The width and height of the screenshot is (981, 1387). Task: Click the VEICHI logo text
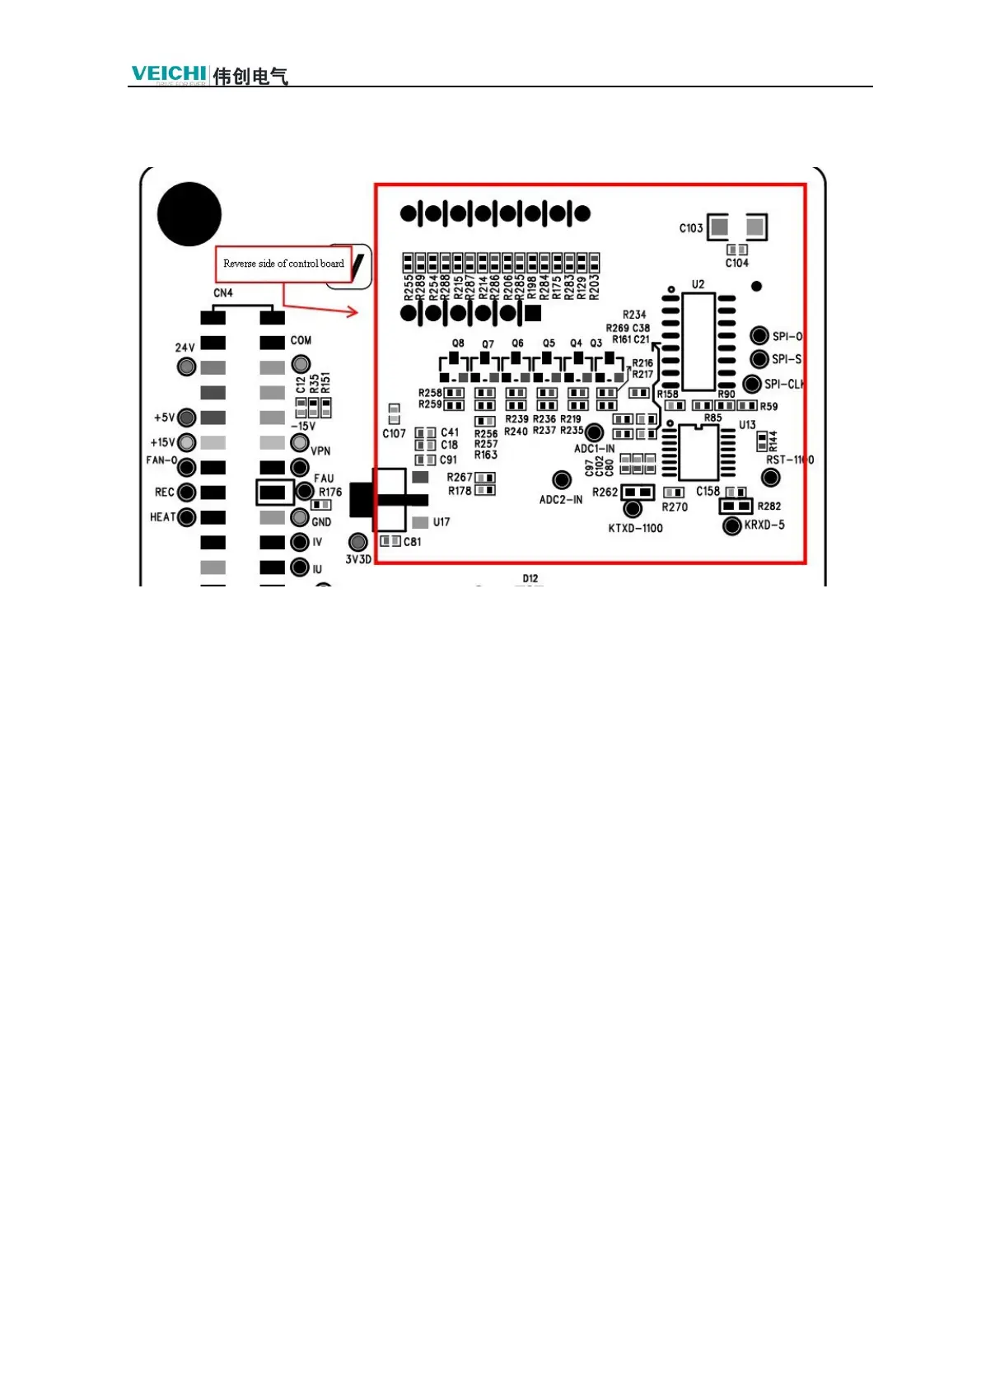click(x=169, y=73)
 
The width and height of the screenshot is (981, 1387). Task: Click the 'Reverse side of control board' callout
click(x=283, y=264)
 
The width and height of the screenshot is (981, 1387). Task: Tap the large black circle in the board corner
click(x=189, y=214)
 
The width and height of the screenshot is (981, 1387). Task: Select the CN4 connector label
click(x=223, y=293)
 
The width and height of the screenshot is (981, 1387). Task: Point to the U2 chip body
click(x=698, y=342)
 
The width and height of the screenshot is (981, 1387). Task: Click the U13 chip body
click(x=698, y=452)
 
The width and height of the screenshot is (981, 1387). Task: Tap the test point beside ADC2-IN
click(x=562, y=479)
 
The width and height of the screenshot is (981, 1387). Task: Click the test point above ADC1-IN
click(x=593, y=432)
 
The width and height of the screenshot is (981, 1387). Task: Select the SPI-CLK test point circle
click(x=752, y=384)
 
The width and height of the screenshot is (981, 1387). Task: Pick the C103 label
click(x=691, y=228)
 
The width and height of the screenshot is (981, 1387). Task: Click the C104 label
click(x=737, y=264)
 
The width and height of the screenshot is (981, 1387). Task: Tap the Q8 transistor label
click(x=458, y=343)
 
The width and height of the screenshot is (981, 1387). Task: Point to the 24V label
click(x=185, y=348)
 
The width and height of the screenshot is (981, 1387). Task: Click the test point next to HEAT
click(x=187, y=517)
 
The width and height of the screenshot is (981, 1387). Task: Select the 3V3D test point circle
click(x=357, y=541)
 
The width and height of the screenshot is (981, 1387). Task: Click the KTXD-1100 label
click(x=635, y=529)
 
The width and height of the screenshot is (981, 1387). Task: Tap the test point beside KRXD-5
click(x=731, y=525)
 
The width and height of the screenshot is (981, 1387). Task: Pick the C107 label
click(x=394, y=434)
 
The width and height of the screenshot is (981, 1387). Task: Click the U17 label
click(x=441, y=522)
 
